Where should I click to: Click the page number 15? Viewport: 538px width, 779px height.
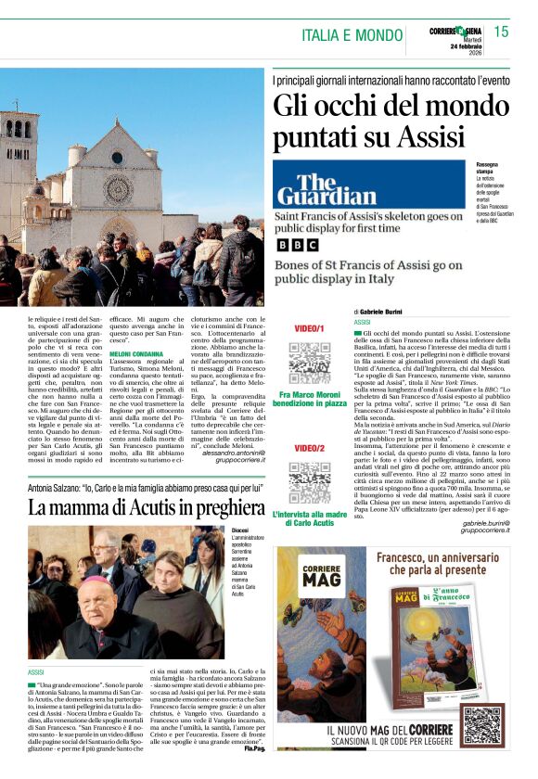pos(501,32)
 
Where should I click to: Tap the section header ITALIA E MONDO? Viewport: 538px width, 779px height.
pos(352,35)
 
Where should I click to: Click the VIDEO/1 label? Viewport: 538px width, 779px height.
pos(309,329)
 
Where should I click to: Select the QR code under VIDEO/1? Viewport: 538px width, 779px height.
pos(309,364)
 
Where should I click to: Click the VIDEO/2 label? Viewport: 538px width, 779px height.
pos(309,448)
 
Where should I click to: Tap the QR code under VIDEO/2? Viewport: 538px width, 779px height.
pos(309,482)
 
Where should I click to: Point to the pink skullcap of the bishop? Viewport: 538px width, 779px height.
pos(96,583)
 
